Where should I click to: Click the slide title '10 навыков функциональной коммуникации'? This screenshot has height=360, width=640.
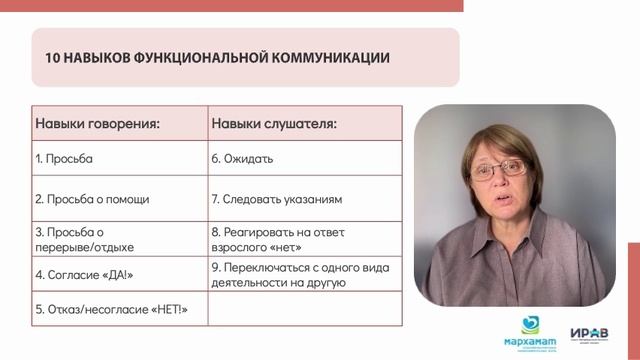pos(217,57)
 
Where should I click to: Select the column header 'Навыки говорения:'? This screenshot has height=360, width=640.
pos(98,125)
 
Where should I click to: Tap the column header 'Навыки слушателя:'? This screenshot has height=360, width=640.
pos(273,125)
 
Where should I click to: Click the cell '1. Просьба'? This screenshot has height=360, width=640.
pos(70,159)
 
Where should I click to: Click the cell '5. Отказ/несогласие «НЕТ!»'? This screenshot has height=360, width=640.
pos(110,311)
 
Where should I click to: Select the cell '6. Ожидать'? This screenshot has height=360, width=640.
pos(242,159)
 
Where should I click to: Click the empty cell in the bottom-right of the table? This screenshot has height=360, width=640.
pos(304,311)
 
